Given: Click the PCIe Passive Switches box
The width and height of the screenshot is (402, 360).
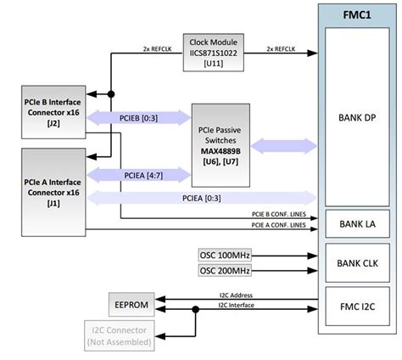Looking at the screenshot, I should pos(220,144).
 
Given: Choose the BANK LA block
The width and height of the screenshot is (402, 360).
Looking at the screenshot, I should pos(356,223).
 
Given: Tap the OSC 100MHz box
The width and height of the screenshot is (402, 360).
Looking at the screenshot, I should pos(226,256).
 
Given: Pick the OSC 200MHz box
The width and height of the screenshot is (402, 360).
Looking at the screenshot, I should pos(226,271).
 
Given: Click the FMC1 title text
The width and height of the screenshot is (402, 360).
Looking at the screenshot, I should pos(356,14).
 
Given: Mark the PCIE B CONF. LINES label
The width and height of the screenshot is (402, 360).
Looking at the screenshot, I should pos(281,214).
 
